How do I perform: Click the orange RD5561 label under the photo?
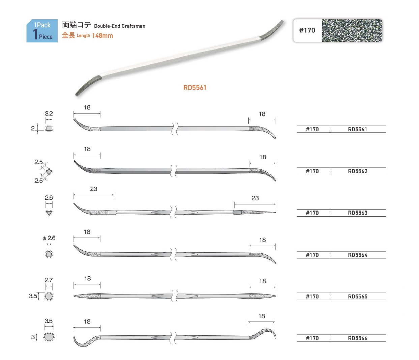pyautogui.click(x=194, y=87)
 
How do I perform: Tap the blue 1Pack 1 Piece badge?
pyautogui.click(x=42, y=31)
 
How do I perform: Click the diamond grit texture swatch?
pyautogui.click(x=352, y=31)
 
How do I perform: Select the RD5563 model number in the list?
pyautogui.click(x=358, y=213)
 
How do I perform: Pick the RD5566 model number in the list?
pyautogui.click(x=358, y=338)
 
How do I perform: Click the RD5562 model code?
pyautogui.click(x=358, y=171)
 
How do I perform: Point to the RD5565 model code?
pyautogui.click(x=358, y=297)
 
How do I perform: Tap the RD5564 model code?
pyautogui.click(x=358, y=255)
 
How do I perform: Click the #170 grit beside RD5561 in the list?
pyautogui.click(x=312, y=129)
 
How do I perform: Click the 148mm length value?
pyautogui.click(x=102, y=36)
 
